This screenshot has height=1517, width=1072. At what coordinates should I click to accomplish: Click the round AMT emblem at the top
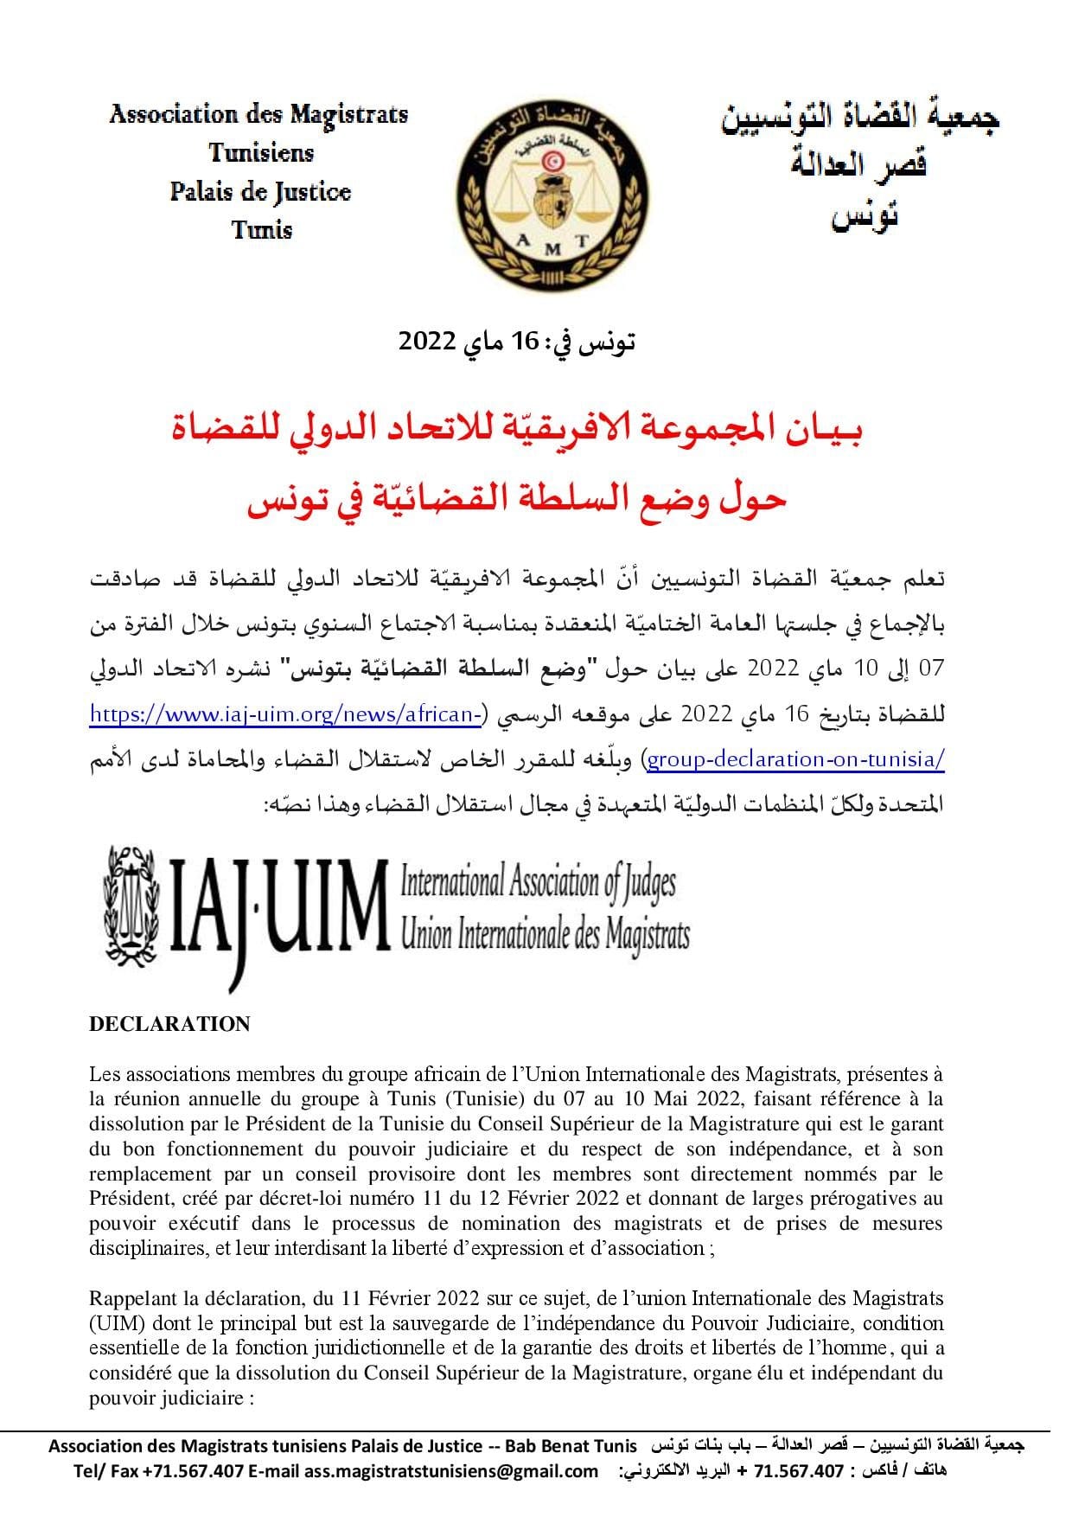tap(552, 194)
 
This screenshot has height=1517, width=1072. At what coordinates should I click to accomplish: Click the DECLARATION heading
tap(169, 1024)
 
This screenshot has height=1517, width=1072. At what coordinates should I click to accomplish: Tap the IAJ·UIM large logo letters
tap(276, 904)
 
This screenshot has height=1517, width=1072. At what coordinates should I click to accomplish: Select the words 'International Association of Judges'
tap(538, 882)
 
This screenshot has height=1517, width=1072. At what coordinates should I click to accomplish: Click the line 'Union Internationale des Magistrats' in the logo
tap(545, 934)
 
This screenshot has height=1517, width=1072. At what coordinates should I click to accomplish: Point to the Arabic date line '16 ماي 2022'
tap(517, 341)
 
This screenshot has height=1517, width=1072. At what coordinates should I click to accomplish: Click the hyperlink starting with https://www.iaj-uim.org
tap(286, 714)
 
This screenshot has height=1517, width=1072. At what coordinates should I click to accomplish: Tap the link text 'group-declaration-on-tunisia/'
tap(796, 759)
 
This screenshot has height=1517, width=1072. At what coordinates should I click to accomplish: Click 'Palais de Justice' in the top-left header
tap(260, 191)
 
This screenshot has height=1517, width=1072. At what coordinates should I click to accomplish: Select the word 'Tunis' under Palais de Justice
tap(262, 230)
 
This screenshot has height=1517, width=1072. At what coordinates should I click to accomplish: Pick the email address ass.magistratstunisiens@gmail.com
tap(450, 1471)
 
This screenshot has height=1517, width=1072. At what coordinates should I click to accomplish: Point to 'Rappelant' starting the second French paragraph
tap(127, 1298)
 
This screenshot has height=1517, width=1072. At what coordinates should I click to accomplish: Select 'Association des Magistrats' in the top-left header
tap(258, 114)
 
